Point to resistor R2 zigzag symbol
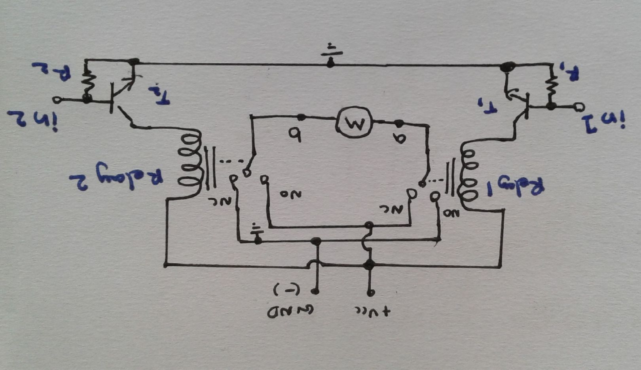(x=86, y=81)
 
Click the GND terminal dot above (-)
(x=316, y=292)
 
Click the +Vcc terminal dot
(x=370, y=293)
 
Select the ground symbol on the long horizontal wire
(x=330, y=55)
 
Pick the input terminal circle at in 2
(x=57, y=100)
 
